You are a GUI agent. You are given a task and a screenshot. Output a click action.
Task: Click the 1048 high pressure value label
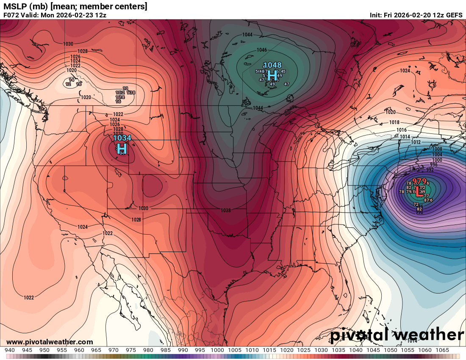[272, 65]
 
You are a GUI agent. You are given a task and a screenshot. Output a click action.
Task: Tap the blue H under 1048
[272, 75]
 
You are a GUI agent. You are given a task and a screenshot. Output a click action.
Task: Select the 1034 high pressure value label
[122, 138]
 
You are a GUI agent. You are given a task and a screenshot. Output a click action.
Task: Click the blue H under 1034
[122, 148]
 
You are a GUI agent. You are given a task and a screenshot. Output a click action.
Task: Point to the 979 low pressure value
[419, 181]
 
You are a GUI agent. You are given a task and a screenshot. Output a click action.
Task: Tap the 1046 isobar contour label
[262, 50]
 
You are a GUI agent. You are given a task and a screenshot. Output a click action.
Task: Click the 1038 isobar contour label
[225, 210]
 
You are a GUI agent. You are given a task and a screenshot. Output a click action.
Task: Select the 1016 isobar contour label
[401, 130]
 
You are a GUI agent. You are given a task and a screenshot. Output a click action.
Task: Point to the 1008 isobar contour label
[437, 149]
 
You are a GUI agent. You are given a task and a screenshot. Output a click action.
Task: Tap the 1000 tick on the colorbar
[217, 350]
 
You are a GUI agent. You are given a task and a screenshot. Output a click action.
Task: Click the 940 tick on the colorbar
[10, 350]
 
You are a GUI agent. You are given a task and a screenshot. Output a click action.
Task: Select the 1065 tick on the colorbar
[442, 350]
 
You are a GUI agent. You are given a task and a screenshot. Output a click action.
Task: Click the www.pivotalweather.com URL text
[50, 342]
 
